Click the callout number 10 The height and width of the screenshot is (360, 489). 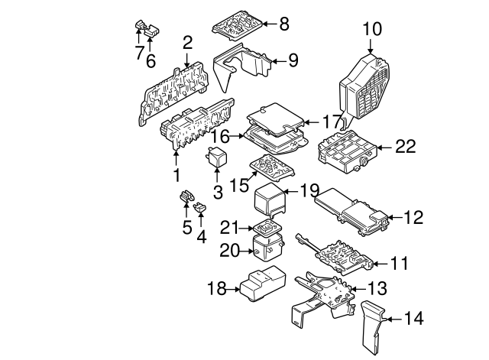point(371,30)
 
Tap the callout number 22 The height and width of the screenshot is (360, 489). point(407,145)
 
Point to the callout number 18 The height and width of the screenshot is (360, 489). point(218,287)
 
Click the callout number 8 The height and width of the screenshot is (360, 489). point(284,24)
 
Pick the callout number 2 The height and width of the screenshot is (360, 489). point(187,42)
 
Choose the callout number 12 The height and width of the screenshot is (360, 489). point(413,217)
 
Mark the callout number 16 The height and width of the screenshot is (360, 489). point(221,136)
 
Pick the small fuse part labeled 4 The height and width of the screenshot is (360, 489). point(201,206)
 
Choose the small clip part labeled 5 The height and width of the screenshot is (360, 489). point(186,200)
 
